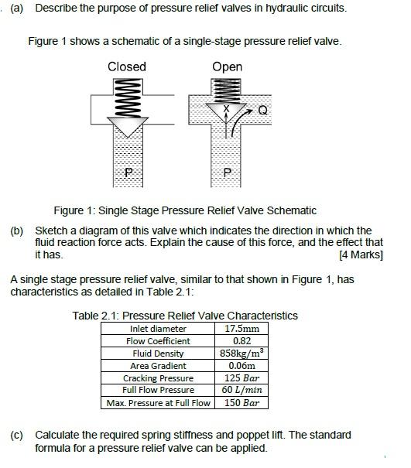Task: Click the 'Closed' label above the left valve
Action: coord(127,67)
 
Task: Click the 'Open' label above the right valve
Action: coord(227,67)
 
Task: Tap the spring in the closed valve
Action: coord(128,98)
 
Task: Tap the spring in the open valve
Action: coord(226,91)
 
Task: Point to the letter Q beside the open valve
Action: coord(262,111)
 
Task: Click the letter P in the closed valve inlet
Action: coord(128,173)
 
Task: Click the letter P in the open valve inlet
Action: coord(227,173)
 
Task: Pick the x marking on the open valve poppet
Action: coord(227,108)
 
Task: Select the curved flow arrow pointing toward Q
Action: coord(237,121)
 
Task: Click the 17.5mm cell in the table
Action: coord(241,329)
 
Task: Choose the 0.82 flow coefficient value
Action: coord(241,341)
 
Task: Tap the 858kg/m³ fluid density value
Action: coord(241,353)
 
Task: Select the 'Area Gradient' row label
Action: coord(158,366)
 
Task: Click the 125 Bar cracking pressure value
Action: coord(241,377)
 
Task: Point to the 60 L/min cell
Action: coord(241,390)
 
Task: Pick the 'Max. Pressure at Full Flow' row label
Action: coord(159,403)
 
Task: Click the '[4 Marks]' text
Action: coord(361,254)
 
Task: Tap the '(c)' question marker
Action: coord(16,436)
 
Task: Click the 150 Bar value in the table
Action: coord(241,403)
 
